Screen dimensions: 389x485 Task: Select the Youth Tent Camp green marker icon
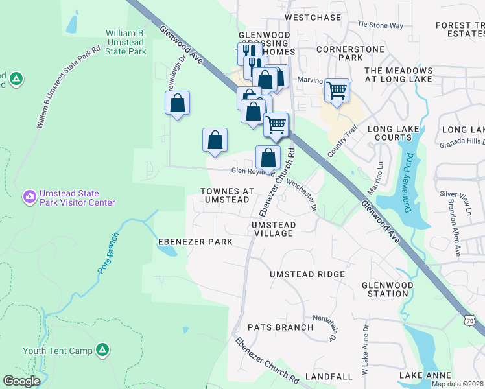point(102,351)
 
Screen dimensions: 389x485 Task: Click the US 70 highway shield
point(469,320)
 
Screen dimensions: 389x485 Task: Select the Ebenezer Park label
point(195,242)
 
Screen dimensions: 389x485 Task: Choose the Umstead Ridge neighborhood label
point(307,274)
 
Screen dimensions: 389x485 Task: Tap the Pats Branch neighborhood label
point(280,327)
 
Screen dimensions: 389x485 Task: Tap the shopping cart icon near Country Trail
point(337,90)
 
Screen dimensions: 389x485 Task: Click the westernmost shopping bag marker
point(177,103)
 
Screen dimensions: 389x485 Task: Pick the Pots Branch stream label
point(108,252)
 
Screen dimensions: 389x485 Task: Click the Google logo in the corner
point(21,381)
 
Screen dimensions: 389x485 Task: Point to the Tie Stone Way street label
point(381,25)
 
